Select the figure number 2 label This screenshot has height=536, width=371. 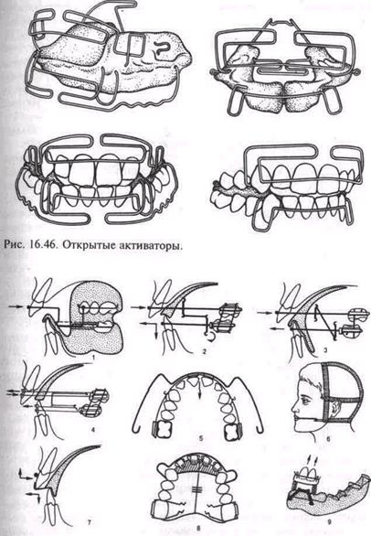[205, 351]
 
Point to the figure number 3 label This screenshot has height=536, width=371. [326, 349]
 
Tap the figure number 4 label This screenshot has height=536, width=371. [93, 426]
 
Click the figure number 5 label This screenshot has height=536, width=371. [202, 437]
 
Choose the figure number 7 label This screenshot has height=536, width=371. [90, 522]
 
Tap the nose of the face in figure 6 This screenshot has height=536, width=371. [295, 406]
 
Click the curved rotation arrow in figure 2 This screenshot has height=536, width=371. [208, 338]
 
